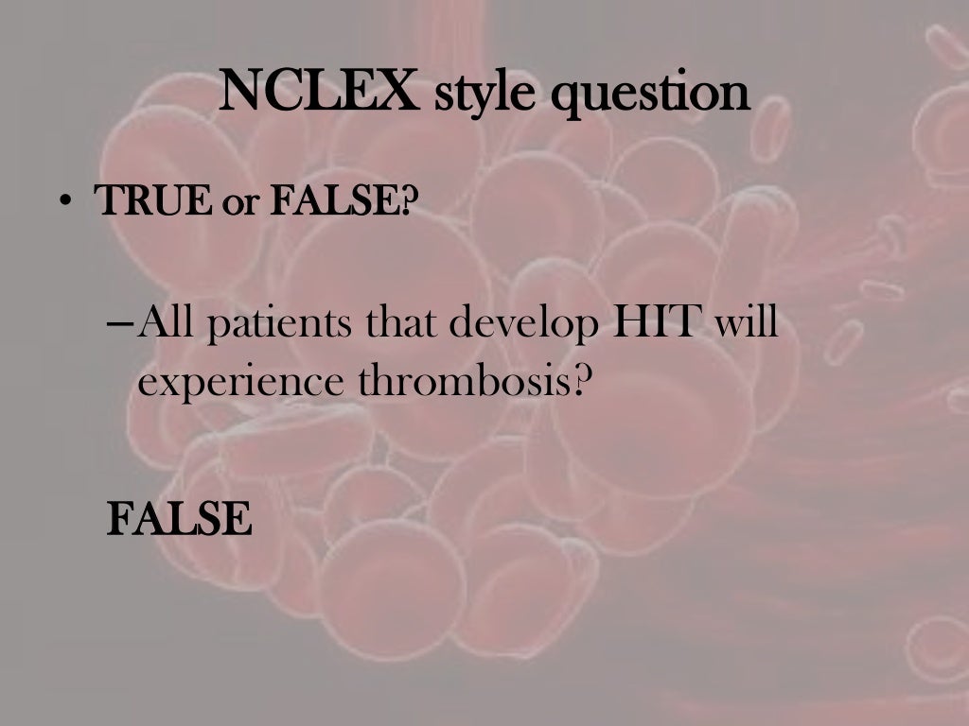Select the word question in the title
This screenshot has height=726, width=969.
[654, 95]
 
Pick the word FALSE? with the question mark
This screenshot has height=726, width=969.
[342, 201]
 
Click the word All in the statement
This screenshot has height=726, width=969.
[167, 324]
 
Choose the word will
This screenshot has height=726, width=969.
[745, 324]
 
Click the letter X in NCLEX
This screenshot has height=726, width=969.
[401, 93]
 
